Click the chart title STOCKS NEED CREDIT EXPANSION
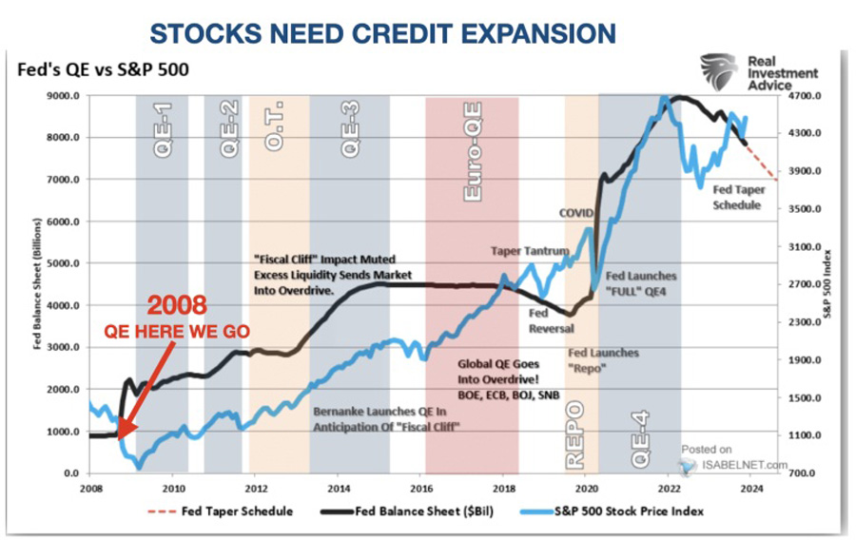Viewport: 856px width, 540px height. click(x=383, y=34)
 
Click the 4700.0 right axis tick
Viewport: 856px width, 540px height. click(x=805, y=96)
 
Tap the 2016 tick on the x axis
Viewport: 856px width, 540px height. click(x=421, y=488)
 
